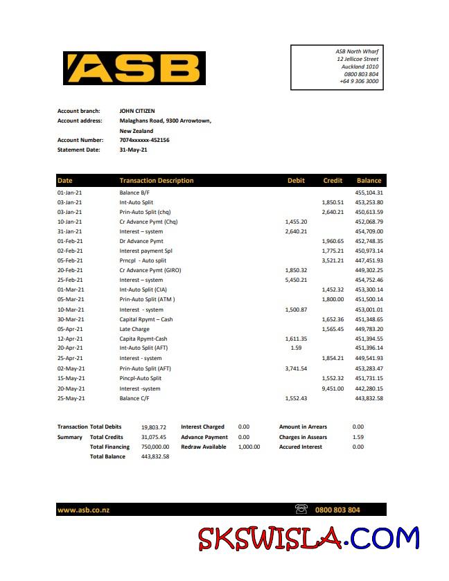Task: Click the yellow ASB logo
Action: tap(134, 69)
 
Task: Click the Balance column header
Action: tap(369, 181)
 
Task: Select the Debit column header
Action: tap(296, 181)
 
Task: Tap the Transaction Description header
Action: tap(157, 181)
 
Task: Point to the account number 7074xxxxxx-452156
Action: tap(144, 140)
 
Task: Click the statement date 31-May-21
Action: tap(133, 150)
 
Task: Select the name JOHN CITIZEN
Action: tap(137, 111)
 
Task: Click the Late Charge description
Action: tap(135, 329)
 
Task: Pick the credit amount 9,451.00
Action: tap(333, 388)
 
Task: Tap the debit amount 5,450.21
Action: tap(296, 280)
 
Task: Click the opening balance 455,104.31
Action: tap(369, 193)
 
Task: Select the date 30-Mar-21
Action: tap(70, 319)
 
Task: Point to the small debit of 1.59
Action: tap(296, 348)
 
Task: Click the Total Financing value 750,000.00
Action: tap(155, 447)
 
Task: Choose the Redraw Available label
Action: tap(204, 447)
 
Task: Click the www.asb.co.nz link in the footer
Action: tap(83, 510)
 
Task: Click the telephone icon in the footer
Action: tap(301, 510)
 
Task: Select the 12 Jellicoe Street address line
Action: tap(358, 59)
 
